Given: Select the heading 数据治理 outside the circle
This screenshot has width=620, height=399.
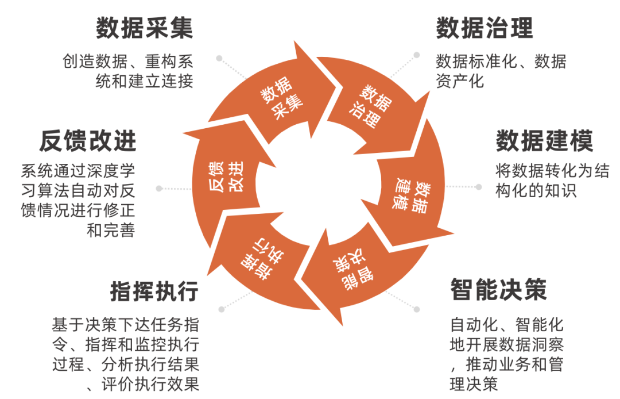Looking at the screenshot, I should click(485, 28).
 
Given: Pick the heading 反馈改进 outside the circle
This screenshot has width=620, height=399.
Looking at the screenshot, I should click(88, 141).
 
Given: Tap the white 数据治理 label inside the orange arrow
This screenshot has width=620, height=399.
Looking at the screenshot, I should click(372, 106).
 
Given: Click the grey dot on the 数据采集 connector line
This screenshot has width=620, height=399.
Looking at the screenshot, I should click(219, 58).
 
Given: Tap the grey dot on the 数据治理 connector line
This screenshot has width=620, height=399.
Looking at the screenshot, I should click(416, 55).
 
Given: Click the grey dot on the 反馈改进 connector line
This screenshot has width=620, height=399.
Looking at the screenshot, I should click(159, 188).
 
